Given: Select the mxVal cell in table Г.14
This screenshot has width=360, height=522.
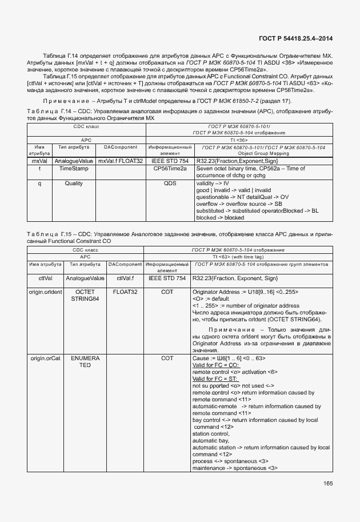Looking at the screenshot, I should click(39, 161).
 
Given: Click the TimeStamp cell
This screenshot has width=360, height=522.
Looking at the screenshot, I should click(74, 169).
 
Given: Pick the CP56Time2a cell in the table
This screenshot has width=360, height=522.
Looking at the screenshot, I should click(170, 169).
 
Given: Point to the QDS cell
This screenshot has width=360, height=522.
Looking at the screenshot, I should click(170, 184).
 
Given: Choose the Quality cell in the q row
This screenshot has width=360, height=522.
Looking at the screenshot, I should click(74, 184).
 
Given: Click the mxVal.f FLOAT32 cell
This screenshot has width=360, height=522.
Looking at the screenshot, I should click(120, 161).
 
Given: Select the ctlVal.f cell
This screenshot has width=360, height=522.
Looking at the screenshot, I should click(125, 278).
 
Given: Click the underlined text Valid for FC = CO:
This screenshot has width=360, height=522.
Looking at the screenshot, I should click(215, 365).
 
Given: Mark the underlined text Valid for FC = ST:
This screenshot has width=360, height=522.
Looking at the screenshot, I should click(214, 378).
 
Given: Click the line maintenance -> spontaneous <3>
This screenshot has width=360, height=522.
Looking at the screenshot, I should click(235, 468).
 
